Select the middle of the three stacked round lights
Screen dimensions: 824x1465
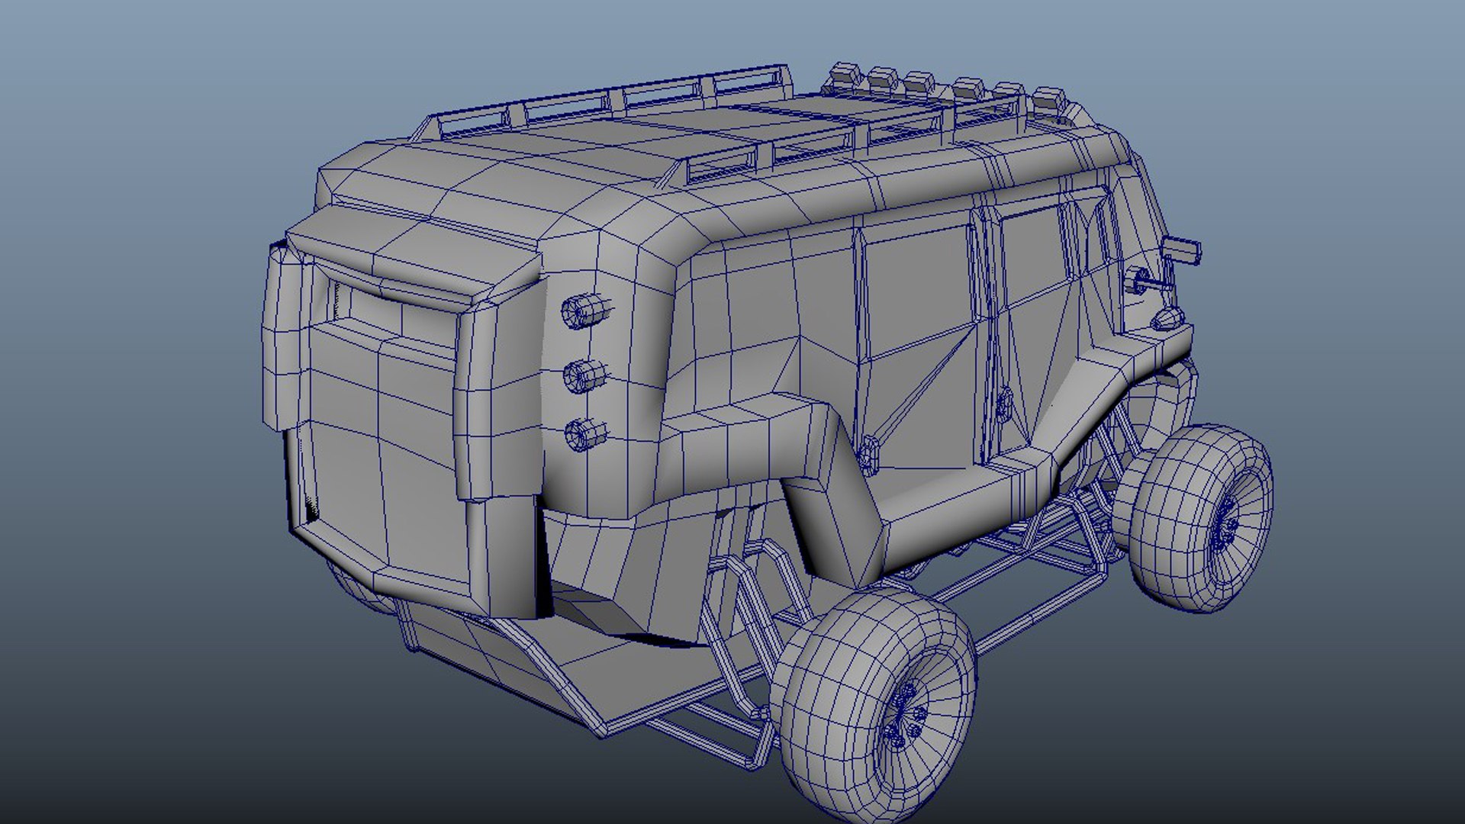click(584, 374)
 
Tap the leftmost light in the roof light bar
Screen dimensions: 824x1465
click(845, 74)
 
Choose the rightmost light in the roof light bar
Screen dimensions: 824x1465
click(1048, 98)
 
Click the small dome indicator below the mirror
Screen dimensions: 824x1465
click(1165, 317)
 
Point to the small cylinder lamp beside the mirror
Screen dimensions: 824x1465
click(1141, 278)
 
